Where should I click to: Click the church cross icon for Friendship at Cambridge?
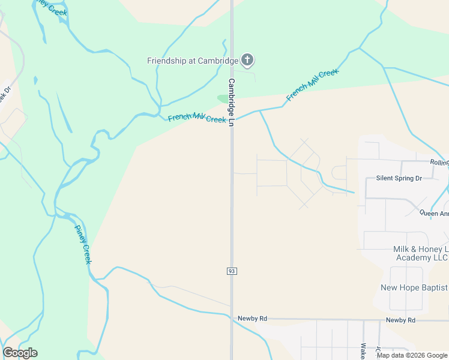pos(247,60)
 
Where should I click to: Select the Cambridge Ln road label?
pos(231,101)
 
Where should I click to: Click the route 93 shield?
pos(232,271)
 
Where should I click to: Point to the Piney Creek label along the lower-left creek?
pos(83,244)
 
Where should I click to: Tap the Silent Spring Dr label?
pos(399,178)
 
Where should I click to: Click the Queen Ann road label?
pos(433,212)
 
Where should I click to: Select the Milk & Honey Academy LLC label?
pos(420,253)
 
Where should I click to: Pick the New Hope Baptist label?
pos(414,287)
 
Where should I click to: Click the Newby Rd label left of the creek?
pos(252,319)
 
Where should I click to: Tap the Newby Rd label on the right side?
pos(400,320)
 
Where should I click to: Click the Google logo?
pos(20,353)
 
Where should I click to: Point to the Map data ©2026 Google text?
pos(412,355)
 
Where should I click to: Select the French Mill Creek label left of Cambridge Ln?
pos(197,118)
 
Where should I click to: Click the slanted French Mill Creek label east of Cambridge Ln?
pos(312,84)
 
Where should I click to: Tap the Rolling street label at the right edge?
pos(439,163)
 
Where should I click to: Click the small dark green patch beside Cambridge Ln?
pos(223,98)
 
